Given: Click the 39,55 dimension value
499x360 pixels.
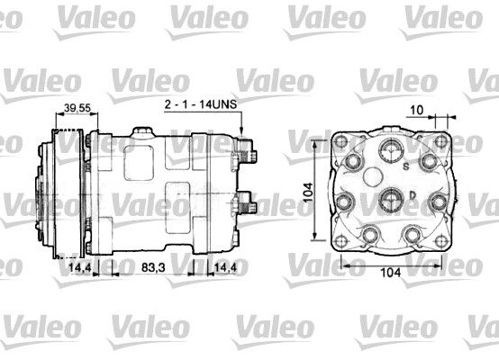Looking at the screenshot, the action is coord(77,108).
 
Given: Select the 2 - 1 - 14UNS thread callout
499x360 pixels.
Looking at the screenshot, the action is coord(201,104).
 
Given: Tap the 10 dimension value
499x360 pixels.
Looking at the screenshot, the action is coord(417,110).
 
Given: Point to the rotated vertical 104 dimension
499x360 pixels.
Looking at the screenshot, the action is coord(308,193).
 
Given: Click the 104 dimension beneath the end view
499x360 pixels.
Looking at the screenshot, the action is coord(391,272).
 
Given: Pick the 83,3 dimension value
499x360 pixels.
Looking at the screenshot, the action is coord(153,268).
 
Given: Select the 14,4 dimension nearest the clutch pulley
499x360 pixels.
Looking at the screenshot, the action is coord(79,268).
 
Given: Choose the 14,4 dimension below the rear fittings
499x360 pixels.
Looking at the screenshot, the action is coord(225,268).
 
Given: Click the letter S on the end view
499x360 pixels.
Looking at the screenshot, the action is coord(406,166).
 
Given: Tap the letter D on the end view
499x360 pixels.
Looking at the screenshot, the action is coord(413,195).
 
